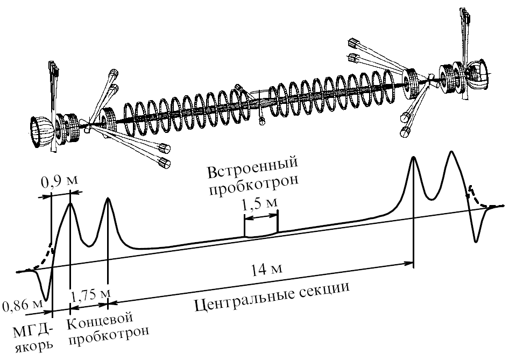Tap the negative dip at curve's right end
(x=476, y=240)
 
